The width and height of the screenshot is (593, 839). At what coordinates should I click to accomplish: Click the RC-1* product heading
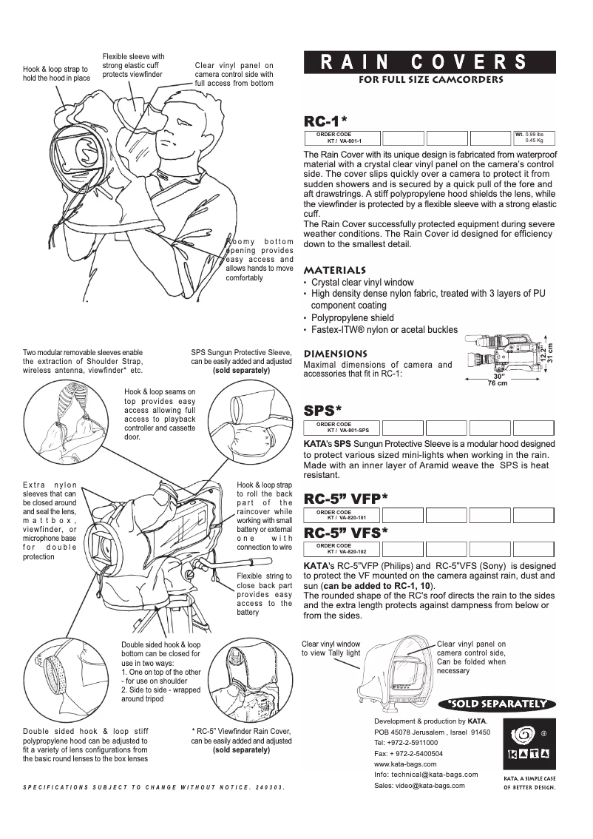click(x=326, y=121)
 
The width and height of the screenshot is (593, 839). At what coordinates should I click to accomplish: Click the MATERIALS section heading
click(x=335, y=270)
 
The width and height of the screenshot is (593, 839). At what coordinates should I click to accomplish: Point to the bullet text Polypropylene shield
click(x=352, y=317)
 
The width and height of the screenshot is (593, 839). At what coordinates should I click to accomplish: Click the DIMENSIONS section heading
click(x=336, y=354)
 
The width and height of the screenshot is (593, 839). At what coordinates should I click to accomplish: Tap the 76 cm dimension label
click(x=497, y=383)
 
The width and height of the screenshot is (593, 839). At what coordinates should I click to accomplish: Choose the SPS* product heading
click(x=323, y=410)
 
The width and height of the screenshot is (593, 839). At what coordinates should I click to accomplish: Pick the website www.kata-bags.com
click(x=405, y=764)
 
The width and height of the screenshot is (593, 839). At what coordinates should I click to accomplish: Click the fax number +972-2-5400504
click(x=419, y=752)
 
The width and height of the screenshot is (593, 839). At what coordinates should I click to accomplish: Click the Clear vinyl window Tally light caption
click(x=331, y=648)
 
